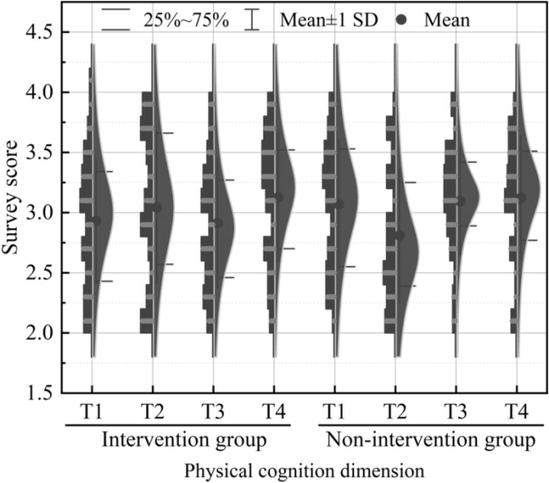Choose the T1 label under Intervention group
pos(92,412)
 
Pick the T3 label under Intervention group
pos(214,412)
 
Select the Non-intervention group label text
pos(431,440)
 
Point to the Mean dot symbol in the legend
pos(401,20)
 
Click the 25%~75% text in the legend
pos(186,20)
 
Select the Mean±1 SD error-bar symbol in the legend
pos(252,20)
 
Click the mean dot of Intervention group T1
pos(96,221)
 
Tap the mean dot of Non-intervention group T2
pos(399,235)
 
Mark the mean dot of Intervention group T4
pos(278,198)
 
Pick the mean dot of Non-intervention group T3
pos(460,201)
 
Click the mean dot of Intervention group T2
pos(157,208)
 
